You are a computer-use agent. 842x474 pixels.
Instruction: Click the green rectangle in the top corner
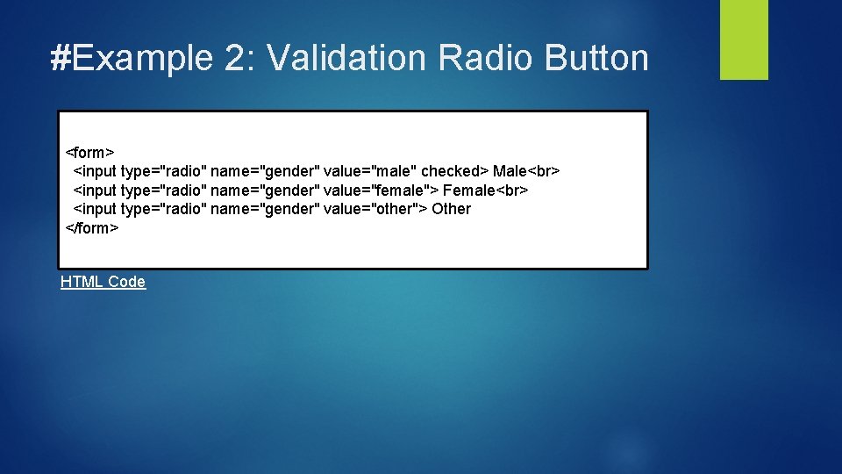(x=744, y=39)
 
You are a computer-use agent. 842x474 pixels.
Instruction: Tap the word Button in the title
(x=596, y=58)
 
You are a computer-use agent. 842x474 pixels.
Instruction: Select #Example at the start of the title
(x=132, y=58)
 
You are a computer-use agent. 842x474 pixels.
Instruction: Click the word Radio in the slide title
(x=485, y=58)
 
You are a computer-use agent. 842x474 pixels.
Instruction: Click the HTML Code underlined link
(x=103, y=282)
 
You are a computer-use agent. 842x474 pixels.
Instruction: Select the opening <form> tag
(x=90, y=151)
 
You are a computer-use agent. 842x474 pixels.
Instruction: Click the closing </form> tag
(x=92, y=228)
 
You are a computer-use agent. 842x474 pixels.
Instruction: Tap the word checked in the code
(x=452, y=170)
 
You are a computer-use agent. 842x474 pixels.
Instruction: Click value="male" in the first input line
(x=369, y=170)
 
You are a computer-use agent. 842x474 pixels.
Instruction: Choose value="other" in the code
(x=372, y=209)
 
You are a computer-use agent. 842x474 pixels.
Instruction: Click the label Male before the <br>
(x=510, y=170)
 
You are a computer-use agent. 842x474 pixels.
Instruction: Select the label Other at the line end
(x=451, y=209)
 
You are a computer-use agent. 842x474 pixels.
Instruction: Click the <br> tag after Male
(x=544, y=170)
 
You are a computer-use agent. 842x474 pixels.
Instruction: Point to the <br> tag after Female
(x=512, y=190)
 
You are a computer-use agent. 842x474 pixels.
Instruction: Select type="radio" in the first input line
(x=163, y=170)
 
